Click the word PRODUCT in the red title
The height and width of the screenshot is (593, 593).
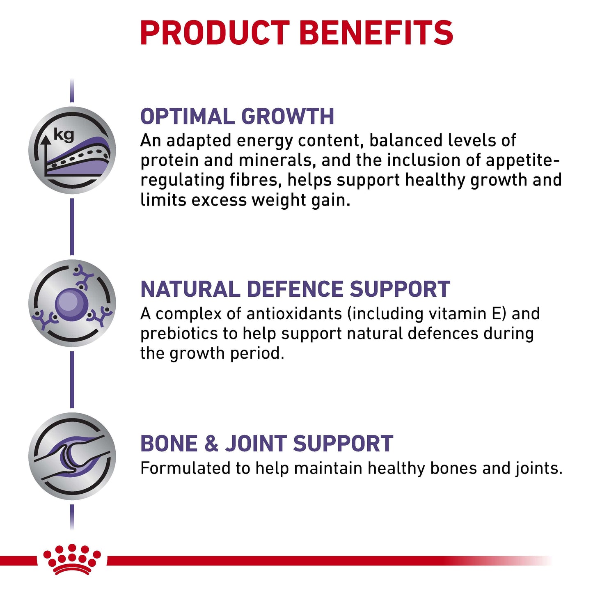click(x=215, y=33)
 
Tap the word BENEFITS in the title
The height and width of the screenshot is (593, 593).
click(x=376, y=33)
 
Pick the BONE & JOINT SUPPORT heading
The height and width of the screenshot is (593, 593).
click(x=267, y=444)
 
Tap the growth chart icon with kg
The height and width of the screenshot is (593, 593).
click(x=72, y=150)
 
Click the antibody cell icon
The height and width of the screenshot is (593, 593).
click(x=72, y=303)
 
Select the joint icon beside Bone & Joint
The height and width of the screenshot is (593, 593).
click(x=72, y=456)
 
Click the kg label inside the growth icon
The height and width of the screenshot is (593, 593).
click(x=64, y=135)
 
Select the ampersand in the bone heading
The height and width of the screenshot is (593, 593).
click(x=211, y=444)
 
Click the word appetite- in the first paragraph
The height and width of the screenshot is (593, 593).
click(x=522, y=161)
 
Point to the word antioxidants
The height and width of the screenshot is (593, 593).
click(x=294, y=314)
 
